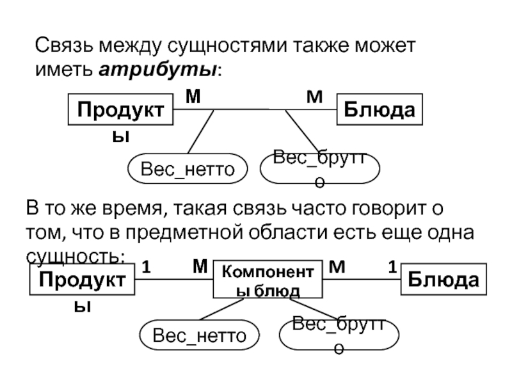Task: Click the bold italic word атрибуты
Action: [157, 69]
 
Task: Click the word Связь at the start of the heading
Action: [65, 45]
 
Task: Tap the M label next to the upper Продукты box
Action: [193, 97]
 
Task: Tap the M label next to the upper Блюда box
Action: [314, 97]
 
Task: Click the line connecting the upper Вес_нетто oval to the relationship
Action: [201, 132]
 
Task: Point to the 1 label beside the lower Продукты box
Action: [147, 267]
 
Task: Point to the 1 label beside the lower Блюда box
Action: [392, 267]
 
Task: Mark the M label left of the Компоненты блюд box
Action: [200, 266]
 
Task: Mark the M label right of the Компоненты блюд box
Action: [337, 267]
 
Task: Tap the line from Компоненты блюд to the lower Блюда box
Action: [362, 279]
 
